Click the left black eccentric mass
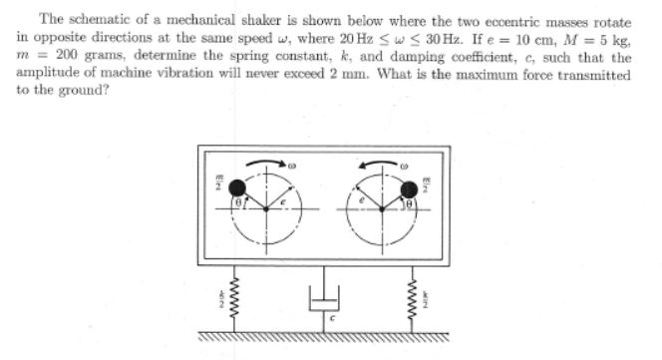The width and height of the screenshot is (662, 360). click(238, 187)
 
